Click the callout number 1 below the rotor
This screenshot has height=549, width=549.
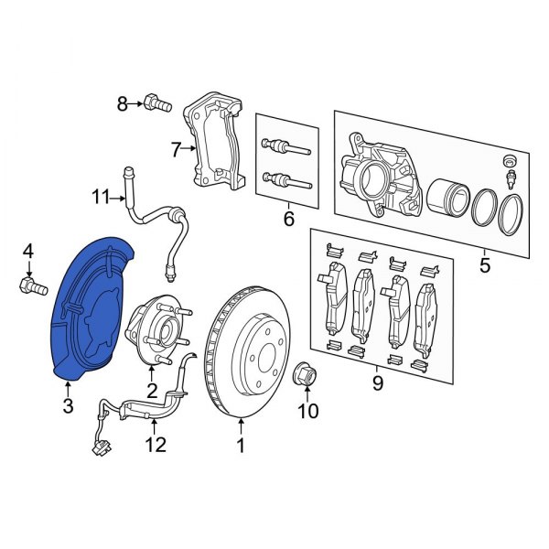click(x=241, y=447)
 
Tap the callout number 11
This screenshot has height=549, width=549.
click(x=156, y=446)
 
